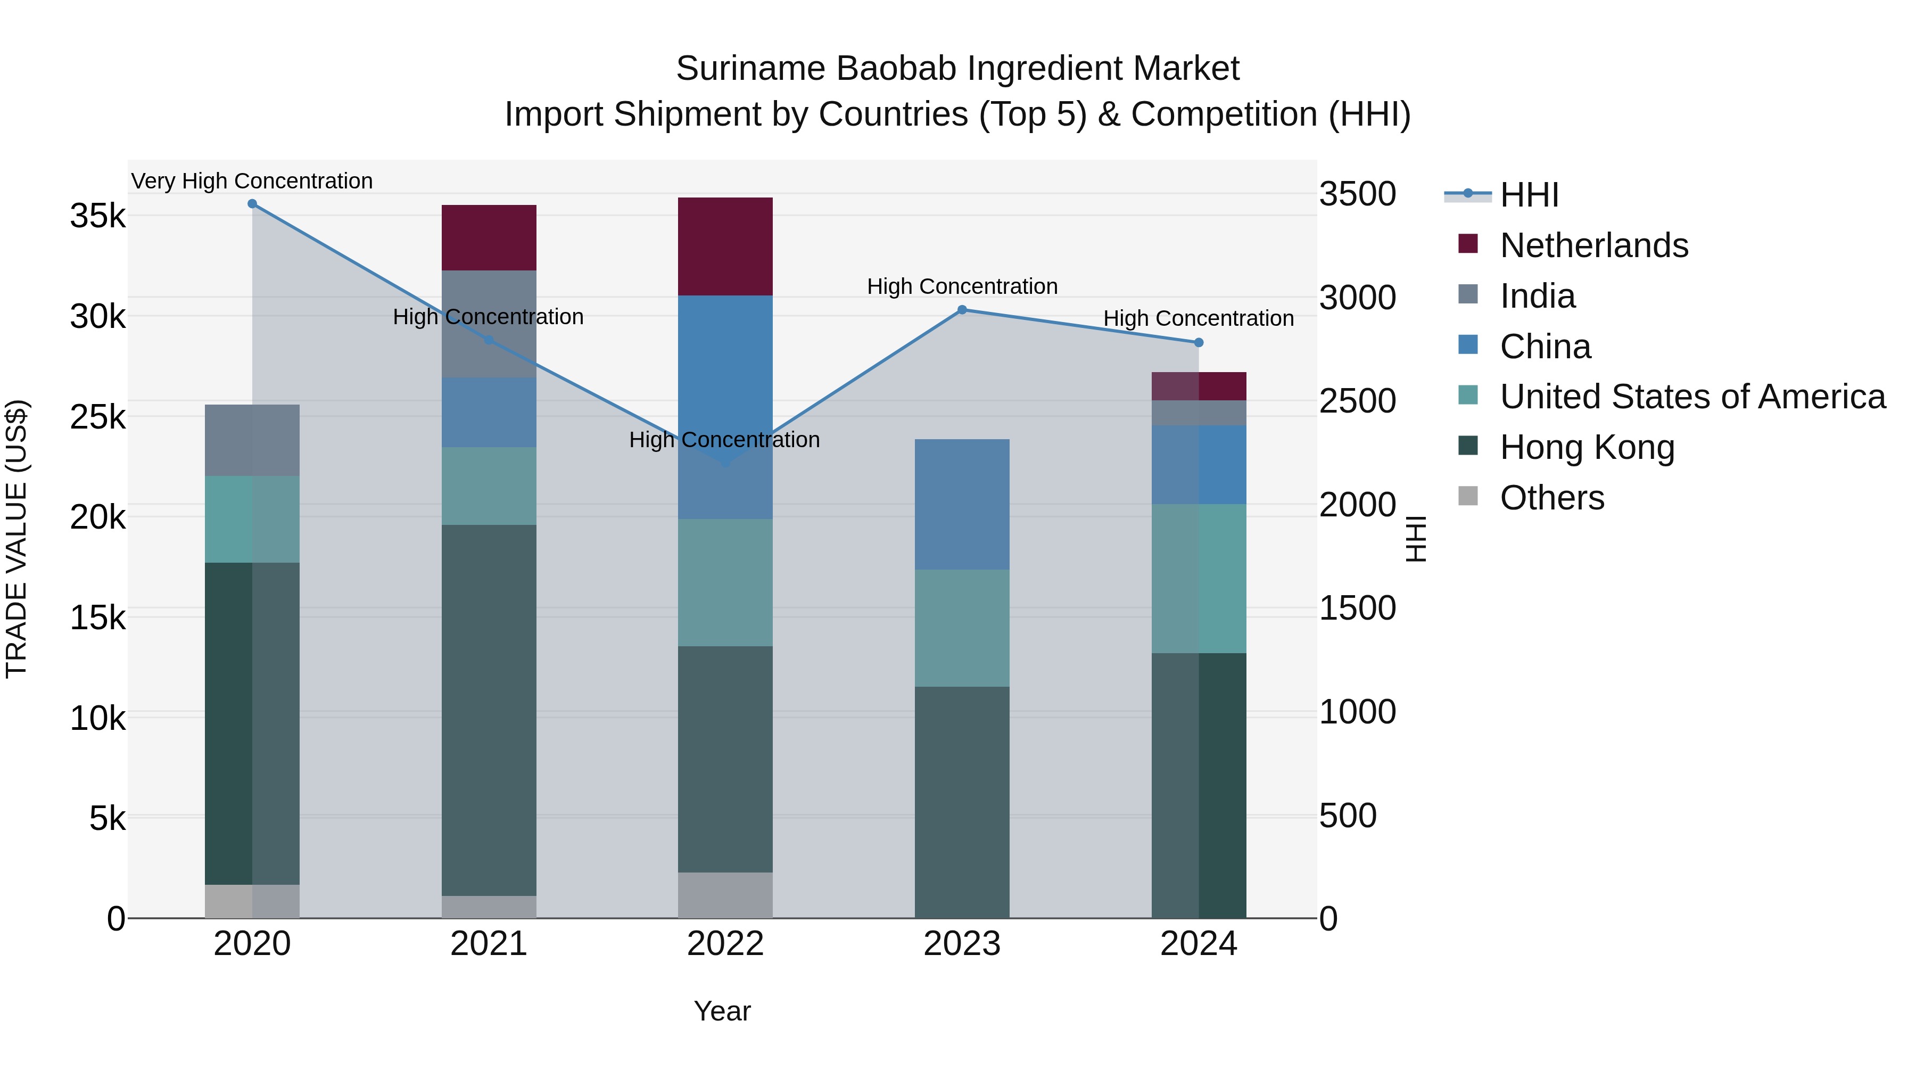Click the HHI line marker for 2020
252,204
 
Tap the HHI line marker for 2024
1198,342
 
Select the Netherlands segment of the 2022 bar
725,246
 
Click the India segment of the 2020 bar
252,440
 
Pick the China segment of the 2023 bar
962,505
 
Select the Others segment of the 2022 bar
725,895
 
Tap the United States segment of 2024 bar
1198,579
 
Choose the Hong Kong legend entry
1587,447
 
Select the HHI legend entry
1529,195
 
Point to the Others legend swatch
1467,496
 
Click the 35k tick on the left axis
98,217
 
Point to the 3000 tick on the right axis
1357,298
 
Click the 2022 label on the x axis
725,944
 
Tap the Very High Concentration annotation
252,181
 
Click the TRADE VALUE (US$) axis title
16,539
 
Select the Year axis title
722,1011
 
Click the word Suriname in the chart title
750,69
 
